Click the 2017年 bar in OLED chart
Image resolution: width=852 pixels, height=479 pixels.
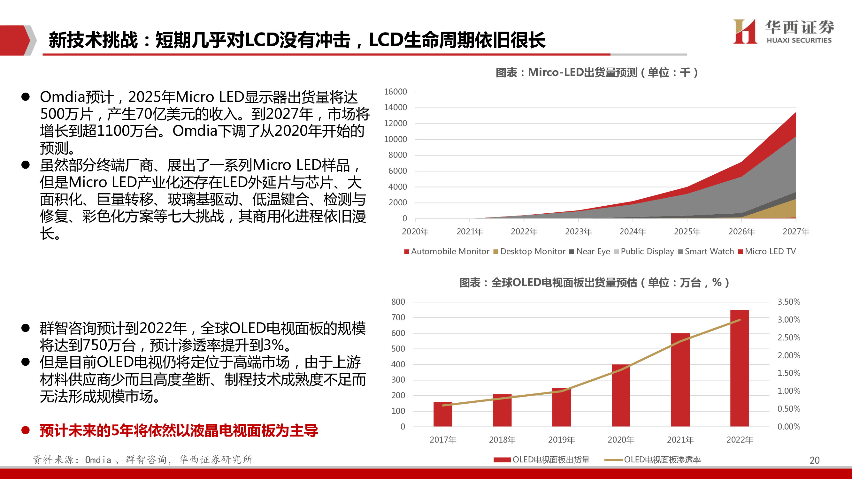442,414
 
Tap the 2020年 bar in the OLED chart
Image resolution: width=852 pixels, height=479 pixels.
621,395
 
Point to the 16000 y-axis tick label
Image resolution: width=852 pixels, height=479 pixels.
395,92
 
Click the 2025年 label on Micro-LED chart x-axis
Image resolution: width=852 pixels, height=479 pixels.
687,232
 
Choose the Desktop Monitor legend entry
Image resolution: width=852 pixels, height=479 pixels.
529,251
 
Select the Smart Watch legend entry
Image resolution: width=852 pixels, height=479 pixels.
706,251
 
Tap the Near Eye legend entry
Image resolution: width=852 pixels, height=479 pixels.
590,251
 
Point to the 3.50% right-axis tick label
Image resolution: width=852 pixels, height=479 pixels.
788,301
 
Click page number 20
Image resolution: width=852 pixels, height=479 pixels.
814,460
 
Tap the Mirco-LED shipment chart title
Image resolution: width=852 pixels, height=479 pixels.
596,72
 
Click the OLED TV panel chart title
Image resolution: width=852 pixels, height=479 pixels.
594,282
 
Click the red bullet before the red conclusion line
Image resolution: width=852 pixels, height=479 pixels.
26,430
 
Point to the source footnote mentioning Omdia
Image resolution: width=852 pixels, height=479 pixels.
142,460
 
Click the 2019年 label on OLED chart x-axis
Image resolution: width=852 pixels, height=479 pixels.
561,440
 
